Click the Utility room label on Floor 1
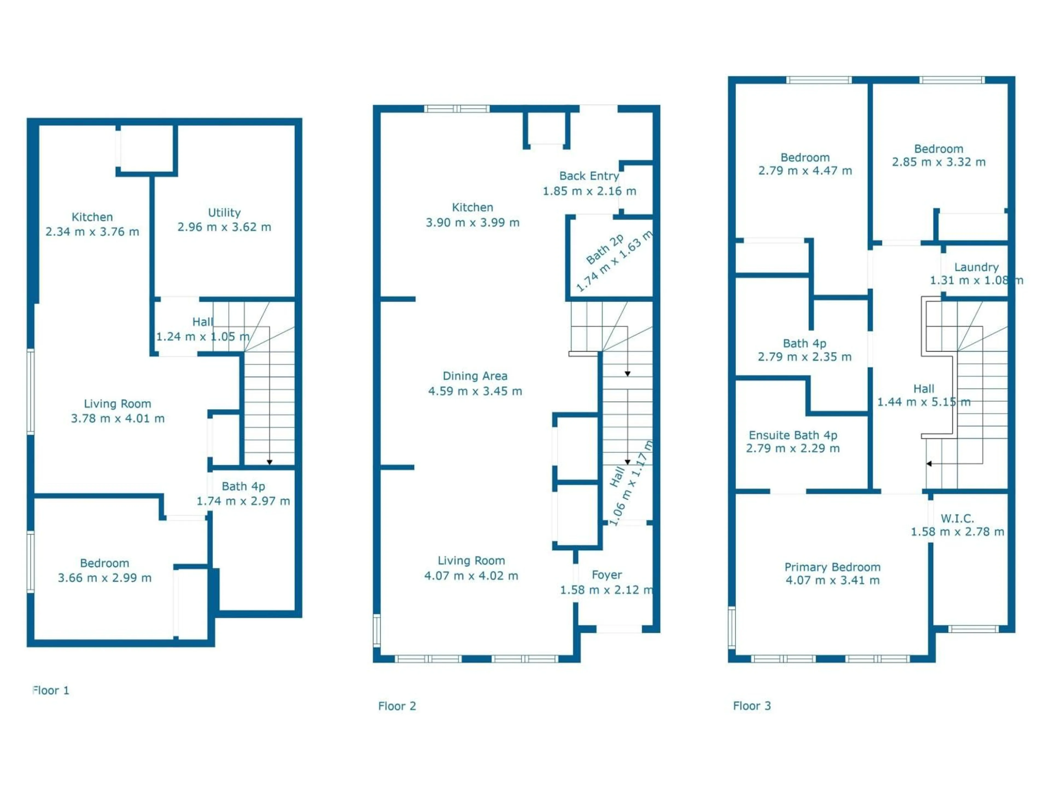[x=224, y=213]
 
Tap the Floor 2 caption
[x=397, y=706]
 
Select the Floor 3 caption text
[x=752, y=706]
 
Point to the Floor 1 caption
[x=51, y=690]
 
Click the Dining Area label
[x=475, y=376]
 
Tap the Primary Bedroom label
[x=832, y=567]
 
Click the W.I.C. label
[x=957, y=518]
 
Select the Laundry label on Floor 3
[x=976, y=267]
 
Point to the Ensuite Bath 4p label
[x=793, y=435]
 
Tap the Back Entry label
[x=589, y=176]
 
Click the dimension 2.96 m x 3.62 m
[x=224, y=227]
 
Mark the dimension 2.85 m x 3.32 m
[x=938, y=162]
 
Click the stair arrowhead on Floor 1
[x=269, y=462]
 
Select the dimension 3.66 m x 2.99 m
[x=104, y=578]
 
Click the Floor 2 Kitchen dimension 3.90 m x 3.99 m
[x=472, y=222]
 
